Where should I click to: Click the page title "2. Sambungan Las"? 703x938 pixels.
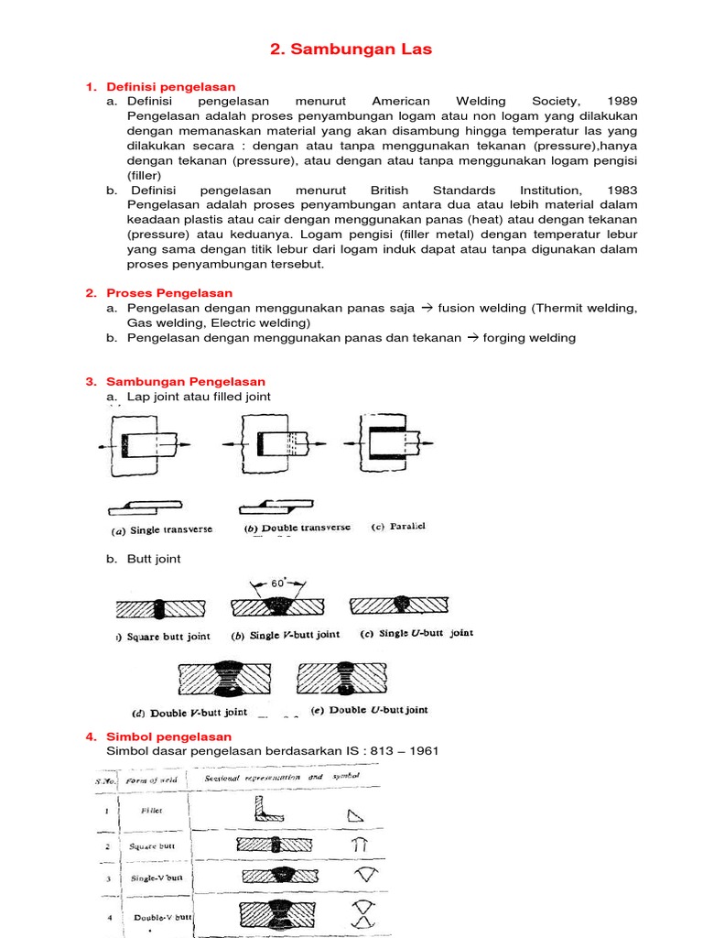point(351,49)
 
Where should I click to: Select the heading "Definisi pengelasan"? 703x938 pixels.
point(171,86)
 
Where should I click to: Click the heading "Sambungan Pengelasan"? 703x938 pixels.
point(186,381)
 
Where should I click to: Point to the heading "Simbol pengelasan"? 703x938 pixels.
point(169,736)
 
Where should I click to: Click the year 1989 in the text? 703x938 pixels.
point(622,101)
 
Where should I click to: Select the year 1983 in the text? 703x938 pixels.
point(622,190)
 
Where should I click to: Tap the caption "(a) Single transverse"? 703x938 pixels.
point(161,530)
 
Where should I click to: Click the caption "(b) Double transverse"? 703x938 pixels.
point(297,529)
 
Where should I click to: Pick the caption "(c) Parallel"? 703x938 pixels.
point(398,527)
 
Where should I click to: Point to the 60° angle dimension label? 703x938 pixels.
point(279,582)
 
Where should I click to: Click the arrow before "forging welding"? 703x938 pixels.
point(473,337)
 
